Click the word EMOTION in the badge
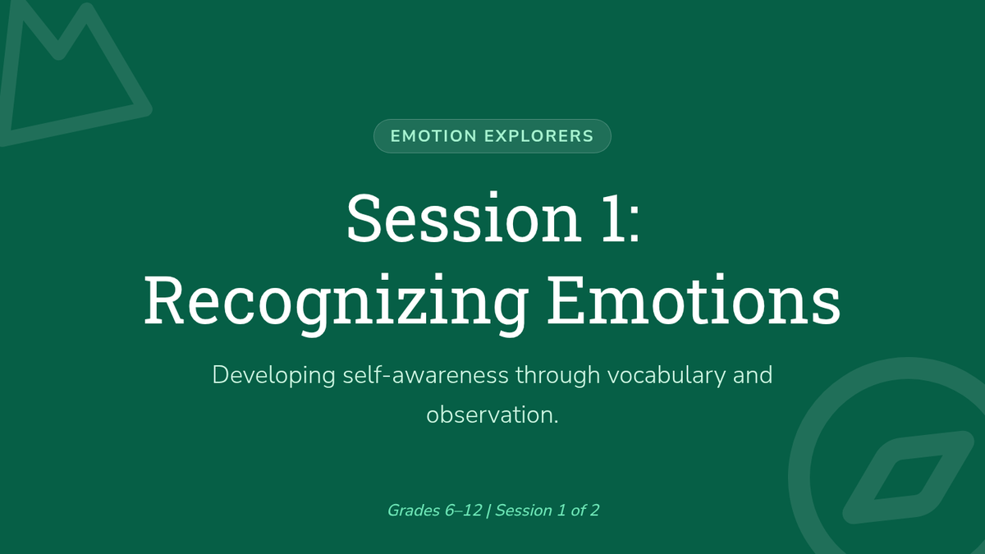point(433,136)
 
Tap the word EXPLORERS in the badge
point(539,136)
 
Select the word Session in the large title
point(464,218)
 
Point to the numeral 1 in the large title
point(614,218)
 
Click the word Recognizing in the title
point(337,304)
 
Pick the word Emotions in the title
point(694,300)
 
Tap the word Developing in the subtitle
point(273,377)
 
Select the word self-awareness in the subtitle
point(426,375)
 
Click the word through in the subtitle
point(558,377)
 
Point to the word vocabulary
point(667,377)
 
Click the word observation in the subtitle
point(489,415)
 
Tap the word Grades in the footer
point(414,511)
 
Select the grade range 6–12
point(464,511)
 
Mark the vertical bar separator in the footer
point(488,511)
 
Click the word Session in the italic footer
point(524,511)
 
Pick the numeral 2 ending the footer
point(594,511)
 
